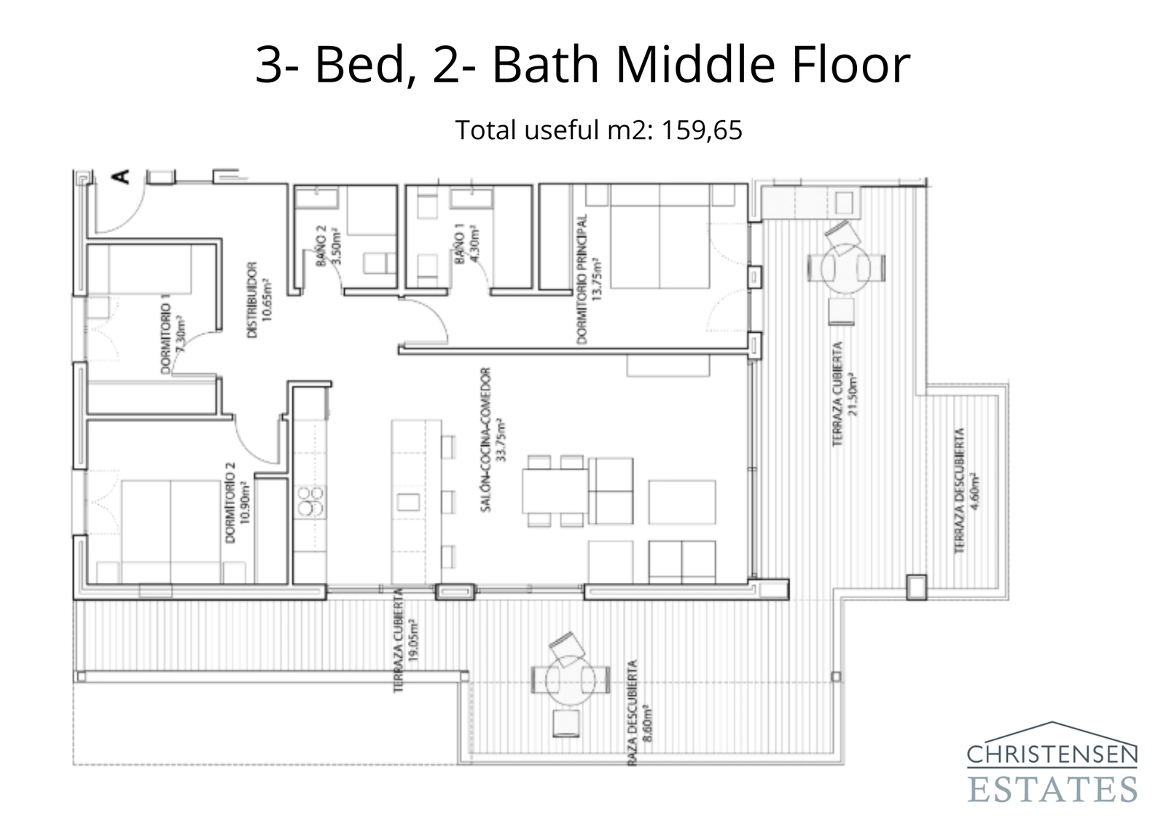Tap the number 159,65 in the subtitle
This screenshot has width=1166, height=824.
(702, 130)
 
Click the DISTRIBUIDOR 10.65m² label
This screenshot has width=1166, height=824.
(259, 299)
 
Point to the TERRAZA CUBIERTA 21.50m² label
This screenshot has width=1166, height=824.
(845, 394)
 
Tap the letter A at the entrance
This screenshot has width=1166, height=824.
(120, 176)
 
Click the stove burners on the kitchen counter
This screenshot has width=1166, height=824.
(310, 501)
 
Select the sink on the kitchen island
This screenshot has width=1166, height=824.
(408, 502)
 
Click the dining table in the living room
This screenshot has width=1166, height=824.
(555, 490)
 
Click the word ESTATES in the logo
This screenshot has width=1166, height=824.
(1052, 789)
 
